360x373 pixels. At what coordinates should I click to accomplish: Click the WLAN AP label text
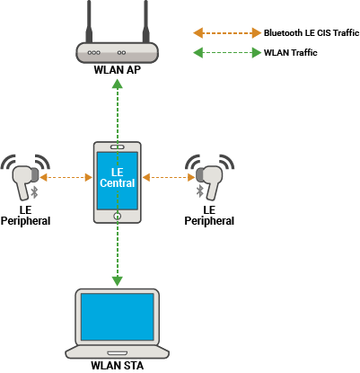click(117, 69)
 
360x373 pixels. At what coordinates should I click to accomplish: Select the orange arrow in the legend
click(224, 31)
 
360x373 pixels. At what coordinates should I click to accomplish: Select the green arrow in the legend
click(224, 53)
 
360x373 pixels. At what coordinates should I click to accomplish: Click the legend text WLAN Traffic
click(290, 53)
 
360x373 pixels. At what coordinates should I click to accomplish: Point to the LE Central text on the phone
click(117, 177)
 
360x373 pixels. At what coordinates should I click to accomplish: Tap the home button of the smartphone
click(117, 215)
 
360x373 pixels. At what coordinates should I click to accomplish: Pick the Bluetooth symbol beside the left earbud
click(35, 191)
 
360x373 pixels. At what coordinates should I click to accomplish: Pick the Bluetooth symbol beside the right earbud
click(199, 191)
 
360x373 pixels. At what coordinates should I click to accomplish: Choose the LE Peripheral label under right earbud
click(209, 215)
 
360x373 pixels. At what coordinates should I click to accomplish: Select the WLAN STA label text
click(117, 365)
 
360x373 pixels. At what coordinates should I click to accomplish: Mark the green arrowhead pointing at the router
click(117, 84)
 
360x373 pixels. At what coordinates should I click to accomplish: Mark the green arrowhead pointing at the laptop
click(117, 280)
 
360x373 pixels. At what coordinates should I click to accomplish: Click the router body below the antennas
click(117, 52)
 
